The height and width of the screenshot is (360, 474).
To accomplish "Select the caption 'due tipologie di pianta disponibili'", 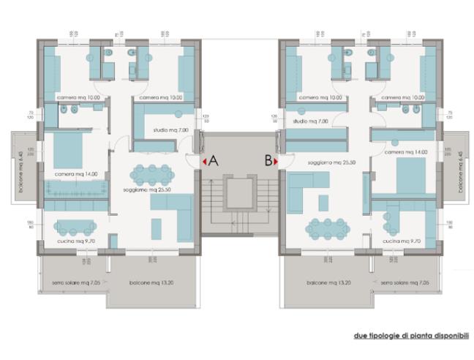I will click(x=411, y=336).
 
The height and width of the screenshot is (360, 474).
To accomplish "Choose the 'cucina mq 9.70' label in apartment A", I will click(x=75, y=241).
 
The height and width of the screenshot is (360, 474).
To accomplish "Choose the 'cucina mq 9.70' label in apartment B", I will click(x=400, y=241).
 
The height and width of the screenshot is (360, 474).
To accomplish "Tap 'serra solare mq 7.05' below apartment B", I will click(x=407, y=282).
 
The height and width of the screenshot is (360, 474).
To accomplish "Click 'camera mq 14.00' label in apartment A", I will click(x=75, y=174).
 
